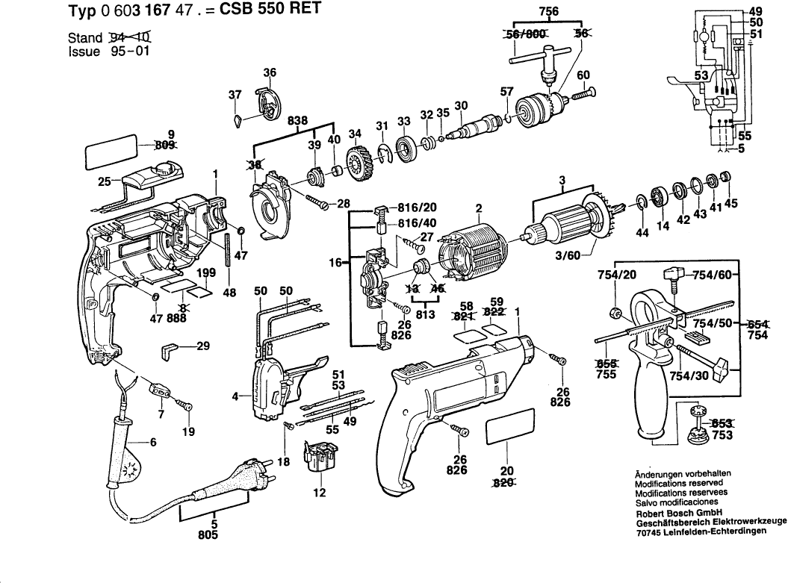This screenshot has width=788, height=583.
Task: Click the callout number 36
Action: pyautogui.click(x=270, y=72)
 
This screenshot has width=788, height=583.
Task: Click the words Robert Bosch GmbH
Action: pyautogui.click(x=666, y=513)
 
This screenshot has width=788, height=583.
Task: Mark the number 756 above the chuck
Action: pyautogui.click(x=550, y=11)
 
